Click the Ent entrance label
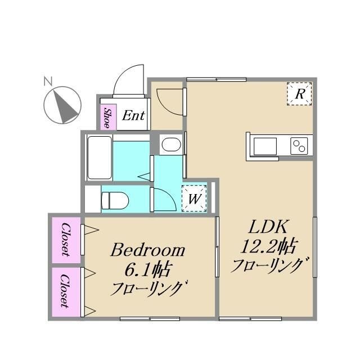pyautogui.click(x=133, y=116)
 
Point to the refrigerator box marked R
pyautogui.click(x=300, y=93)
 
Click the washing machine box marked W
pyautogui.click(x=195, y=198)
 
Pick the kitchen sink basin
pyautogui.click(x=264, y=145)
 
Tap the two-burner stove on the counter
pyautogui.click(x=299, y=146)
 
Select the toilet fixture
pyautogui.click(x=115, y=199)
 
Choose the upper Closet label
pyautogui.click(x=66, y=240)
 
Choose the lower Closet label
pyautogui.click(x=66, y=291)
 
